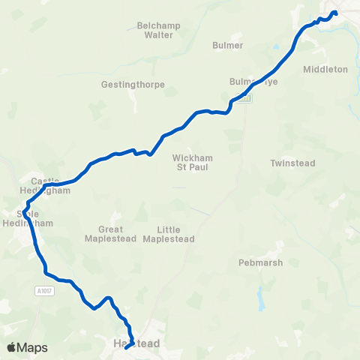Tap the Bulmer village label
pyautogui.click(x=228, y=45)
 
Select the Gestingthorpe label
pyautogui.click(x=133, y=85)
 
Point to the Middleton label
pyautogui.click(x=325, y=69)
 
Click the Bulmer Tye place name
pyautogui.click(x=253, y=82)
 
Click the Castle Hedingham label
pyautogui.click(x=51, y=186)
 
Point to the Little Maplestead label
pyautogui.click(x=175, y=234)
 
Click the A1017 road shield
pyautogui.click(x=45, y=289)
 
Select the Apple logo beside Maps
pyautogui.click(x=12, y=347)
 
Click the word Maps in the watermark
pyautogui.click(x=32, y=348)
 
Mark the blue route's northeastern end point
pyautogui.click(x=335, y=13)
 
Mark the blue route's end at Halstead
pyautogui.click(x=126, y=346)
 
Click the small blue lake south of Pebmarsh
pyautogui.click(x=260, y=301)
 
